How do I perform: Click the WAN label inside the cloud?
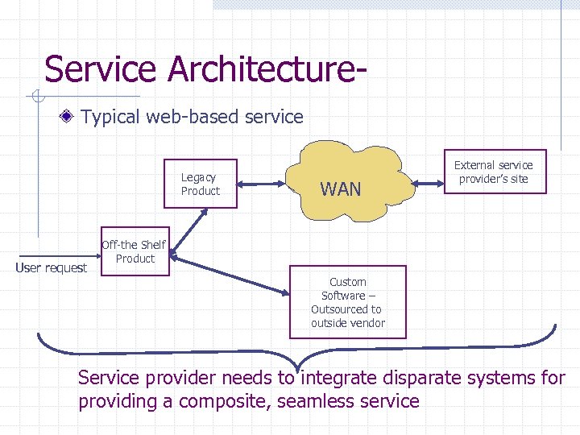[340, 189]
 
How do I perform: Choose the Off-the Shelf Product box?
[135, 252]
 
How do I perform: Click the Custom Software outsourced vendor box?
[348, 302]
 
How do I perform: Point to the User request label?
[52, 267]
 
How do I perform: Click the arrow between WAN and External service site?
[429, 184]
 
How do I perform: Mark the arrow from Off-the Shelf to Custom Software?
[229, 273]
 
